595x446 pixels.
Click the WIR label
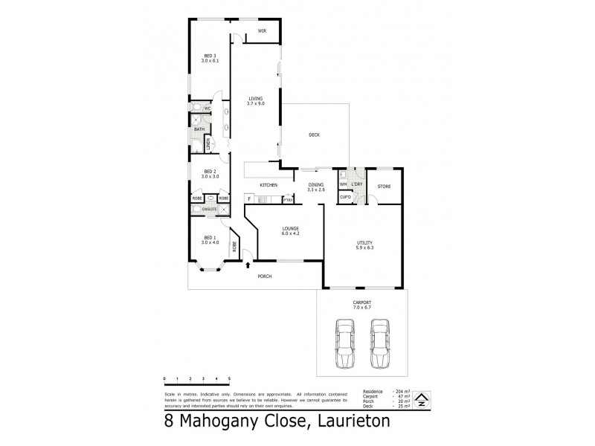coord(262,30)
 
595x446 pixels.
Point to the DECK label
coord(314,135)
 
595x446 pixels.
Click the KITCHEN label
coord(268,184)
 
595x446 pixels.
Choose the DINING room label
coord(316,187)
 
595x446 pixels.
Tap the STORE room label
coord(384,186)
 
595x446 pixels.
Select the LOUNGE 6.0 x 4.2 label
coord(290,231)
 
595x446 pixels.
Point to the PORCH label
coord(264,277)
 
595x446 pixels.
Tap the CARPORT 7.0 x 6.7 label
coord(362,304)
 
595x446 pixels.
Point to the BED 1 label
coord(210,241)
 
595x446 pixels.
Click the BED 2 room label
coord(210,175)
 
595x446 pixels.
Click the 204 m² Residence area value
coord(401,391)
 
